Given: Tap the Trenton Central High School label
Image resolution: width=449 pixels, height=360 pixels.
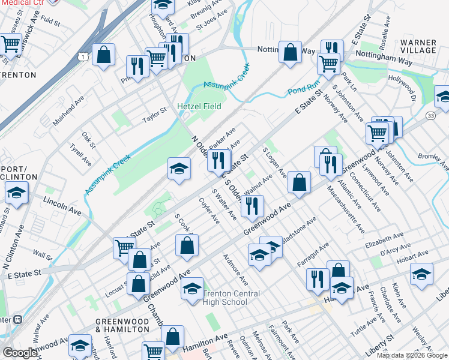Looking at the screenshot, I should point(231,298).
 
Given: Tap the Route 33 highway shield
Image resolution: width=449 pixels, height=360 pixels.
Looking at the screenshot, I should point(430,115).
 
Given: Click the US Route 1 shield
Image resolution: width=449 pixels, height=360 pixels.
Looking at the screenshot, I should point(86,56).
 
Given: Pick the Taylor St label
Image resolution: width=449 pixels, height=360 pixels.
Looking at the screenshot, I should point(154,112).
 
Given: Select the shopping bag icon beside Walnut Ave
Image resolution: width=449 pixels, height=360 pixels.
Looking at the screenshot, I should point(298,182).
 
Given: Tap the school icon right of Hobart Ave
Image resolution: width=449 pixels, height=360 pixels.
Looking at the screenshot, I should point(422,274).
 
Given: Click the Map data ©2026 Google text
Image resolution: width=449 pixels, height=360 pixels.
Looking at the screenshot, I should point(412,355).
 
